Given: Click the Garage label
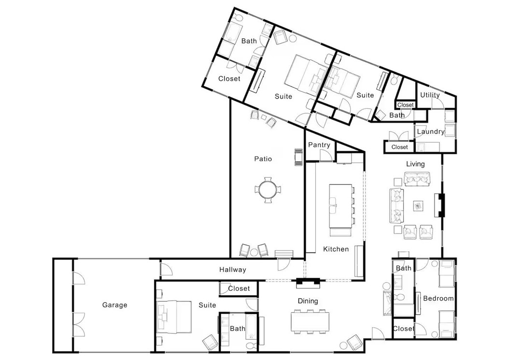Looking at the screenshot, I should pyautogui.click(x=114, y=305).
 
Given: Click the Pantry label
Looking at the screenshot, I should pyautogui.click(x=319, y=145).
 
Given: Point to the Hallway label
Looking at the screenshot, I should pyautogui.click(x=232, y=270).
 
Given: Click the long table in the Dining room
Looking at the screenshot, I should pyautogui.click(x=310, y=321).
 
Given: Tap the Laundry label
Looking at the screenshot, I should pyautogui.click(x=430, y=131).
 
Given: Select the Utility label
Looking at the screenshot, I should pyautogui.click(x=430, y=95).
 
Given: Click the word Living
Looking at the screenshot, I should pyautogui.click(x=415, y=164).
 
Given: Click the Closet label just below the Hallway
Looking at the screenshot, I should pyautogui.click(x=239, y=288).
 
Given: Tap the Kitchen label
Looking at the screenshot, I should pyautogui.click(x=336, y=249).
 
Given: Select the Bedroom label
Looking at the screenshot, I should pyautogui.click(x=438, y=299).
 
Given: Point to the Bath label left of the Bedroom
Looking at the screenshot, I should pyautogui.click(x=403, y=268).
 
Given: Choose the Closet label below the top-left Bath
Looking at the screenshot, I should pyautogui.click(x=229, y=79).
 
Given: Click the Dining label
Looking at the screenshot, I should pyautogui.click(x=308, y=301).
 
